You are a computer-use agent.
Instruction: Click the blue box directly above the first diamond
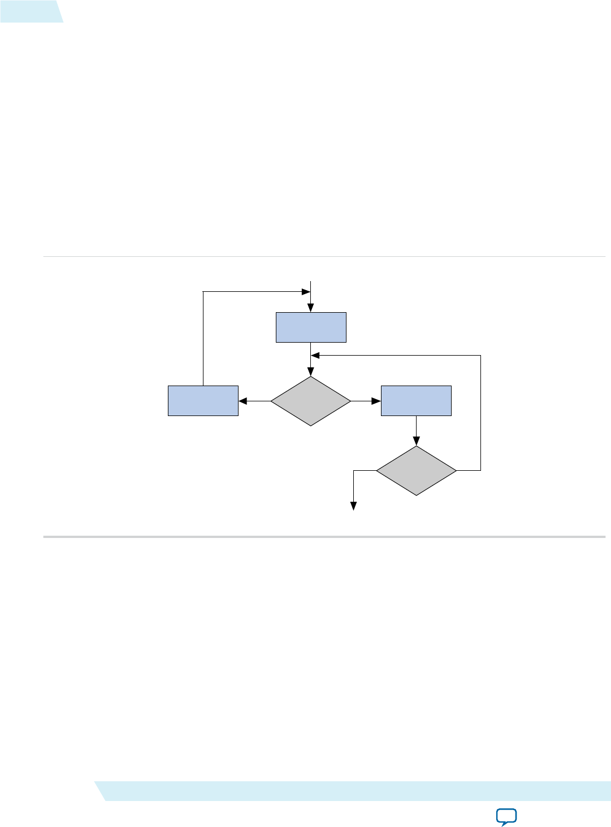click(x=311, y=327)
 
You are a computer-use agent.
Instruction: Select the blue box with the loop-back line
click(x=203, y=401)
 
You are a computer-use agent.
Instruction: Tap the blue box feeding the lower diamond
click(x=416, y=401)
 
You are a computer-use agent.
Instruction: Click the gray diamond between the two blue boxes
click(x=311, y=401)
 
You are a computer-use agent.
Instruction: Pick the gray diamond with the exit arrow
click(x=416, y=471)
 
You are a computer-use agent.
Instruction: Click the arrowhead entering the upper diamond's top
click(x=311, y=373)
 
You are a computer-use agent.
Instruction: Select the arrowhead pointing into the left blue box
click(x=243, y=401)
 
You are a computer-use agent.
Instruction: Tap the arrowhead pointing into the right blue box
click(x=376, y=401)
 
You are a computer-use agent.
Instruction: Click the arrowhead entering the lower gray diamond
click(x=417, y=442)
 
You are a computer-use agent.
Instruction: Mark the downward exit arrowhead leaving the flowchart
click(x=354, y=506)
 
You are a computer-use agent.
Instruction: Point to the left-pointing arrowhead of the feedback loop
click(x=315, y=355)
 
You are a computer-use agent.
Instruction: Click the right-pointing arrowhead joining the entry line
click(x=306, y=292)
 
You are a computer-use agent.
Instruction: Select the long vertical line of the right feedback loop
click(x=480, y=412)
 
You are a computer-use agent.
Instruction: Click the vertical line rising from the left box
click(x=203, y=339)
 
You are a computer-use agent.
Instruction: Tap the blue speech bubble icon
click(x=506, y=817)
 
